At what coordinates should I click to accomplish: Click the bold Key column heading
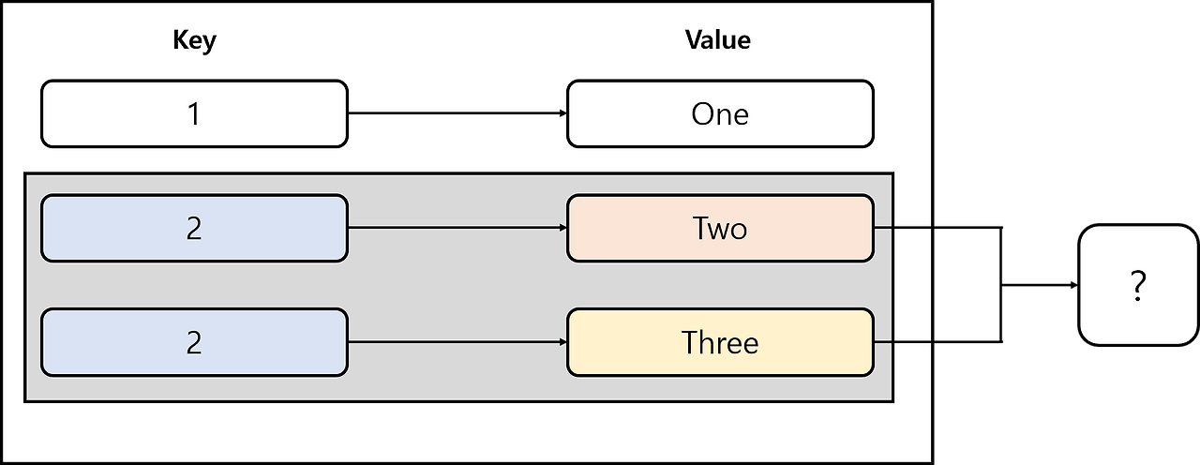pos(195,40)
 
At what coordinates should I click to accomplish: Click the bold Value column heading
pos(717,40)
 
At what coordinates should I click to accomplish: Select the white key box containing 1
pos(194,113)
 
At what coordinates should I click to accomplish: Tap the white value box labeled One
pos(720,113)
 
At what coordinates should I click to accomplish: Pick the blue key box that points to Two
pos(194,228)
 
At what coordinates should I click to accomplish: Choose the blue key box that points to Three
pos(194,342)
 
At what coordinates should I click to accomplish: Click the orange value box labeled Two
pos(720,228)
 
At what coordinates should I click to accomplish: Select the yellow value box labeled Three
pos(720,342)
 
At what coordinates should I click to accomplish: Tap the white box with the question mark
pos(1138,285)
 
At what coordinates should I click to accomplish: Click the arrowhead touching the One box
pos(563,113)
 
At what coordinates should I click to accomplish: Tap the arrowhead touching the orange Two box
pos(563,228)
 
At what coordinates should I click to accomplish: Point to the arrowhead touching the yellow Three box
pos(563,342)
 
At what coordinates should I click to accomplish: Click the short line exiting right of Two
pos(902,228)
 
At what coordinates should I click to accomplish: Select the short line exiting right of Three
pos(902,342)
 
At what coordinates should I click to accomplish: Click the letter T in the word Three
pos(689,342)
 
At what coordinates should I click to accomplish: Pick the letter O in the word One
pos(703,114)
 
